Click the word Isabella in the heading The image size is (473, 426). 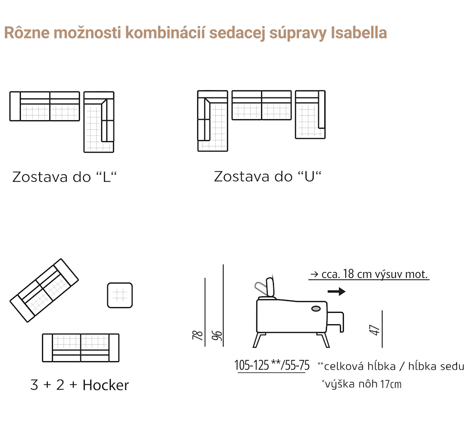click(359, 33)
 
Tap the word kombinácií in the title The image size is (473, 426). click(165, 33)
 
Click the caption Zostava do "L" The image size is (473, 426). click(64, 177)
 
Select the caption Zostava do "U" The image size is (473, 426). click(268, 177)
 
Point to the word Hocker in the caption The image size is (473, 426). click(105, 385)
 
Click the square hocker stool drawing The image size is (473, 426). click(120, 295)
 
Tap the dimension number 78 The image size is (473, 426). click(198, 335)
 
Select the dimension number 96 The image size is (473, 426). click(217, 336)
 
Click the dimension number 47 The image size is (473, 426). click(374, 330)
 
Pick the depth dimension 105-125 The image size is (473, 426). click(252, 365)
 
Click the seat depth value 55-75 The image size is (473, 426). click(297, 365)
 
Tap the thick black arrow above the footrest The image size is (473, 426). click(336, 292)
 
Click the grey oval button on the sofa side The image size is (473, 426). click(316, 309)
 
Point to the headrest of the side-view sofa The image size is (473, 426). click(270, 287)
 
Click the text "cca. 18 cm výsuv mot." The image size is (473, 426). click(369, 274)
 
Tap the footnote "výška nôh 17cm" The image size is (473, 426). click(362, 384)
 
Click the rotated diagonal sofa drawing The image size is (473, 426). click(44, 291)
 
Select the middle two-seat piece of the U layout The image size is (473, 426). click(262, 105)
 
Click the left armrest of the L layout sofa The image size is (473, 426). click(15, 106)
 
